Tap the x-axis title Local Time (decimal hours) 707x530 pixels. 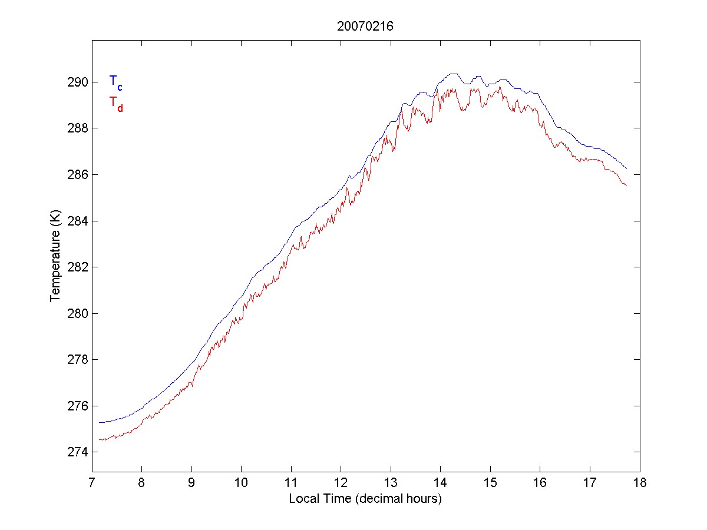365,499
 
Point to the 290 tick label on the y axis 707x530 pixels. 78,82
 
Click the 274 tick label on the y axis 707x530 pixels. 78,452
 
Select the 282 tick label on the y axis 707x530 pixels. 78,267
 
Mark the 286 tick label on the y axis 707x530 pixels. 78,174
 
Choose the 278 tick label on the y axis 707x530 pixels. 78,360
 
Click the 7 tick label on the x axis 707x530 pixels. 92,483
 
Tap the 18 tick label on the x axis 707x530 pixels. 640,483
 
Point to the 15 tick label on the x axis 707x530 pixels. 490,483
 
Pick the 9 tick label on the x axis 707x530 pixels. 191,483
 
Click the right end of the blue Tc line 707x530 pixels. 626,169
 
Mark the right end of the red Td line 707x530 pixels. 626,185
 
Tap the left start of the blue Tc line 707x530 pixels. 100,422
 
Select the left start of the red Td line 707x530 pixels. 100,439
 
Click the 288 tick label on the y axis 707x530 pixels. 78,128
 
